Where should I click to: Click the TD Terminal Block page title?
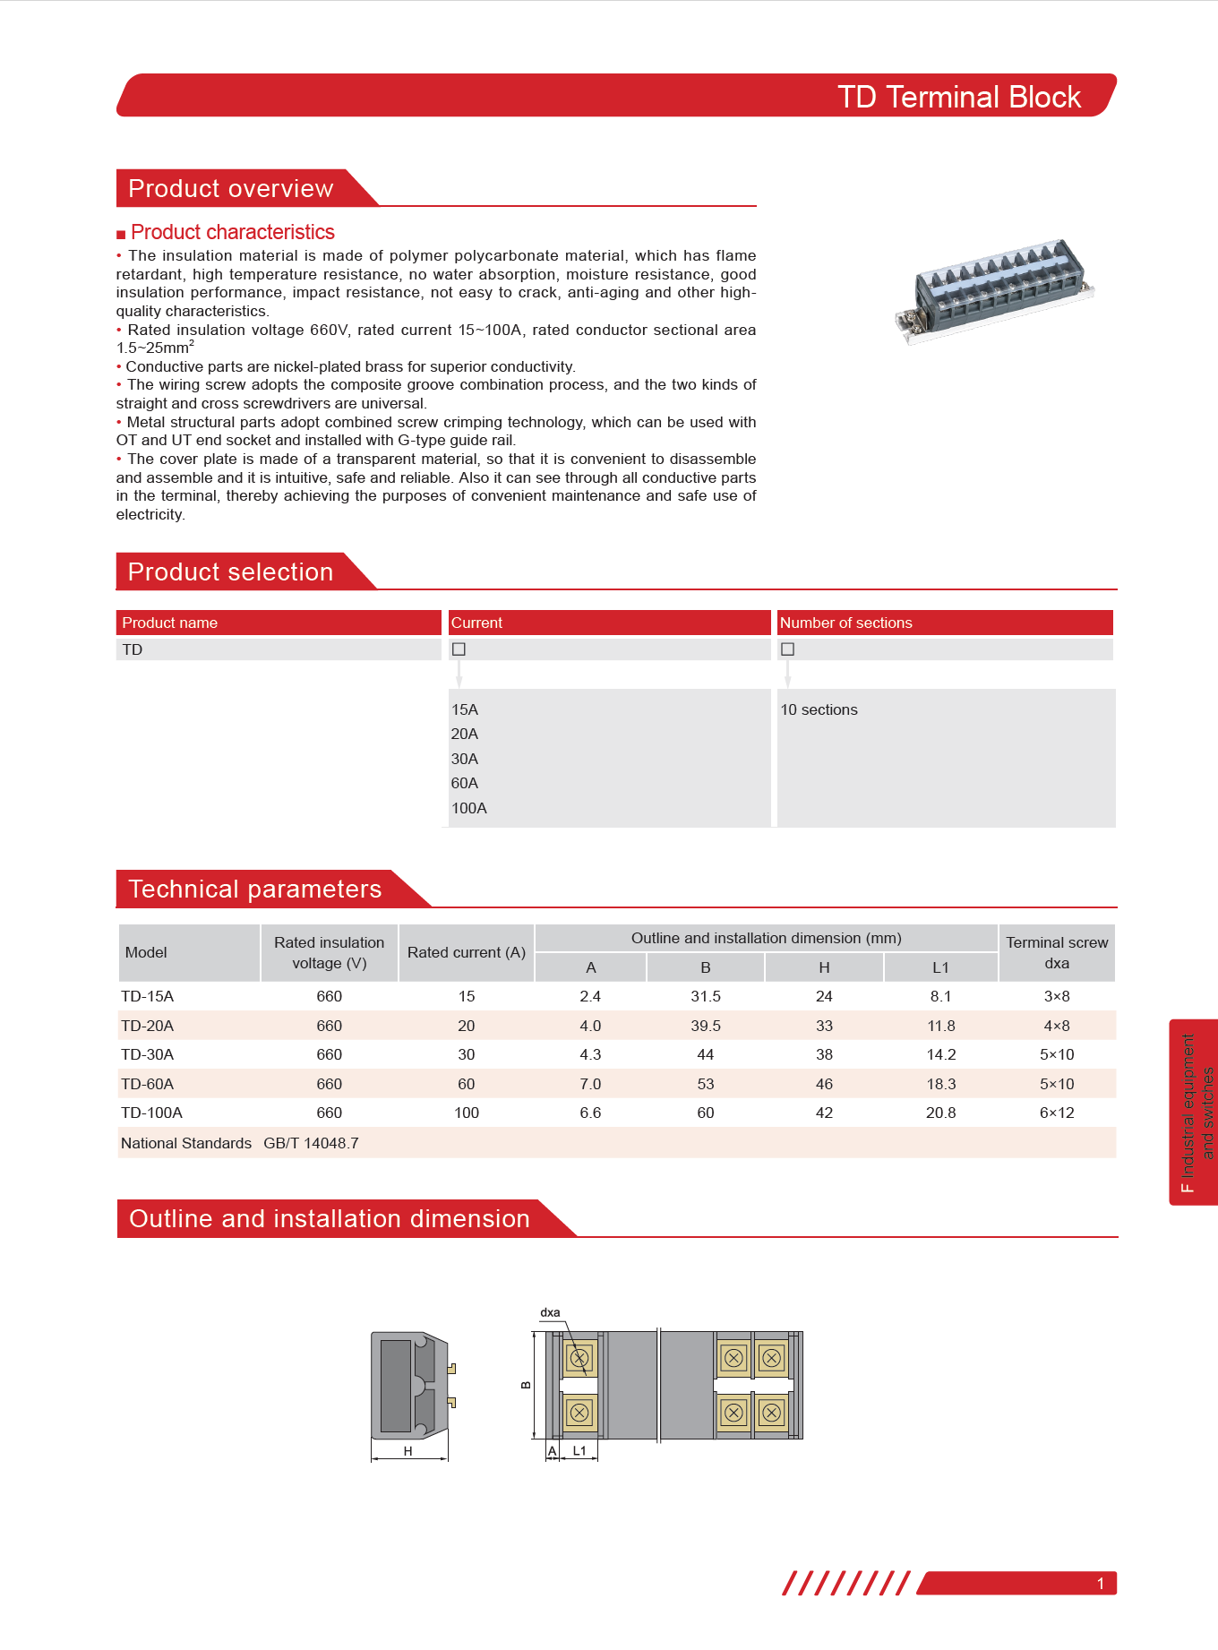point(958,97)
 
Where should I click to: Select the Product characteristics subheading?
point(232,233)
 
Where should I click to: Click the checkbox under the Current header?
point(459,649)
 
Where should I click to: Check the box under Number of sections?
point(788,649)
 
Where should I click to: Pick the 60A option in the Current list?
point(465,784)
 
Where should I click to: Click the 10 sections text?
point(819,710)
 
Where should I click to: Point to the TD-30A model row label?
point(148,1055)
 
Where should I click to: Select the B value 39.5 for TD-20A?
point(706,1027)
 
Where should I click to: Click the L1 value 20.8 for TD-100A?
point(940,1113)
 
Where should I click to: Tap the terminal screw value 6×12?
point(1057,1113)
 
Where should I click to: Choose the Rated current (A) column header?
point(466,953)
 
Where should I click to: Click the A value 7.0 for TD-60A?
point(590,1085)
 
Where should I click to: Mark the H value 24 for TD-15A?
point(824,997)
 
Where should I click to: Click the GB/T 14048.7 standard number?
point(311,1144)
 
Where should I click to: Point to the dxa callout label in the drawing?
point(550,1313)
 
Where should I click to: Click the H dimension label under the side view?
point(408,1451)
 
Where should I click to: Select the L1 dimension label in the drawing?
point(579,1451)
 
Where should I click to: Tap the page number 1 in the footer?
point(1101,1584)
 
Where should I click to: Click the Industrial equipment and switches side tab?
point(1196,1113)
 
